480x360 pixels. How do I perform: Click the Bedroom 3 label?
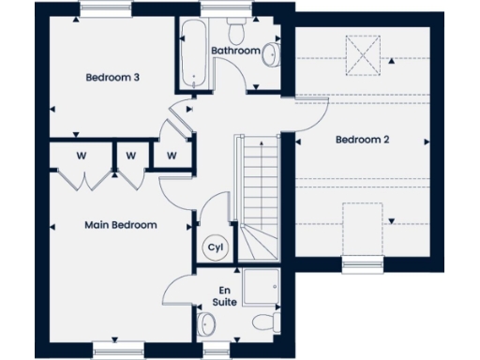[x=112, y=78]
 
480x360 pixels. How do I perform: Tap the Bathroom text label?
[x=233, y=50]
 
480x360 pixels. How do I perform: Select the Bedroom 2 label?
[x=363, y=140]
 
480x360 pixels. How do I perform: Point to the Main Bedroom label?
[x=120, y=225]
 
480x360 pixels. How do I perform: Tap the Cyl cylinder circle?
[x=214, y=247]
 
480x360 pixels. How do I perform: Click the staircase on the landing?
[x=259, y=197]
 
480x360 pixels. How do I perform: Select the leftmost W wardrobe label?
[x=82, y=155]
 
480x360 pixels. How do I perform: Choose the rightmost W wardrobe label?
[x=172, y=155]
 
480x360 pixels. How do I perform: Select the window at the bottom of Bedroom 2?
[x=363, y=265]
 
